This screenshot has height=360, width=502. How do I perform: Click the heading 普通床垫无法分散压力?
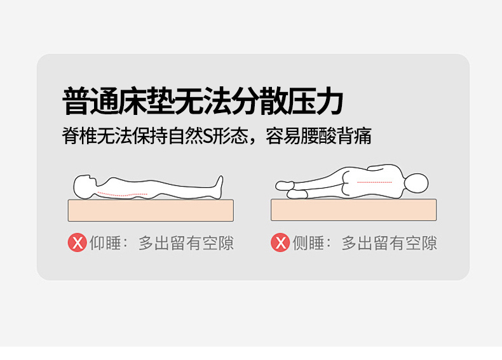[x=203, y=101]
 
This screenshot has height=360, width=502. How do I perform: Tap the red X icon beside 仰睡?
[x=77, y=243]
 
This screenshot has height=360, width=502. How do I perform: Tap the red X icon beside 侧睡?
[x=280, y=243]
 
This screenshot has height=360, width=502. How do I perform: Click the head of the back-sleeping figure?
[x=85, y=187]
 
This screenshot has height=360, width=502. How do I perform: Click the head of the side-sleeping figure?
[x=416, y=183]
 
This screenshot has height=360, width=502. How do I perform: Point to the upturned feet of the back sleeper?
[x=219, y=187]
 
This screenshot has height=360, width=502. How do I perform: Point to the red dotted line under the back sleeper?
[x=122, y=194]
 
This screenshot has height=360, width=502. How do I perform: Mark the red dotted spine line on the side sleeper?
[x=374, y=182]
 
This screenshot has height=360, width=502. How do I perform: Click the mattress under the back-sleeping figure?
[x=151, y=210]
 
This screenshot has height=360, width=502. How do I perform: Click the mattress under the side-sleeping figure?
[x=354, y=210]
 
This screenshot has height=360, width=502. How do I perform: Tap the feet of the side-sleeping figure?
[x=290, y=189]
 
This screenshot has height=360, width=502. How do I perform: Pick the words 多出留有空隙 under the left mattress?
[x=186, y=243]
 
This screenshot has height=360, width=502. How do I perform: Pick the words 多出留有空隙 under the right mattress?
[x=389, y=243]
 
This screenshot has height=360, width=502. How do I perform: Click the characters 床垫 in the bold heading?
[x=147, y=101]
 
